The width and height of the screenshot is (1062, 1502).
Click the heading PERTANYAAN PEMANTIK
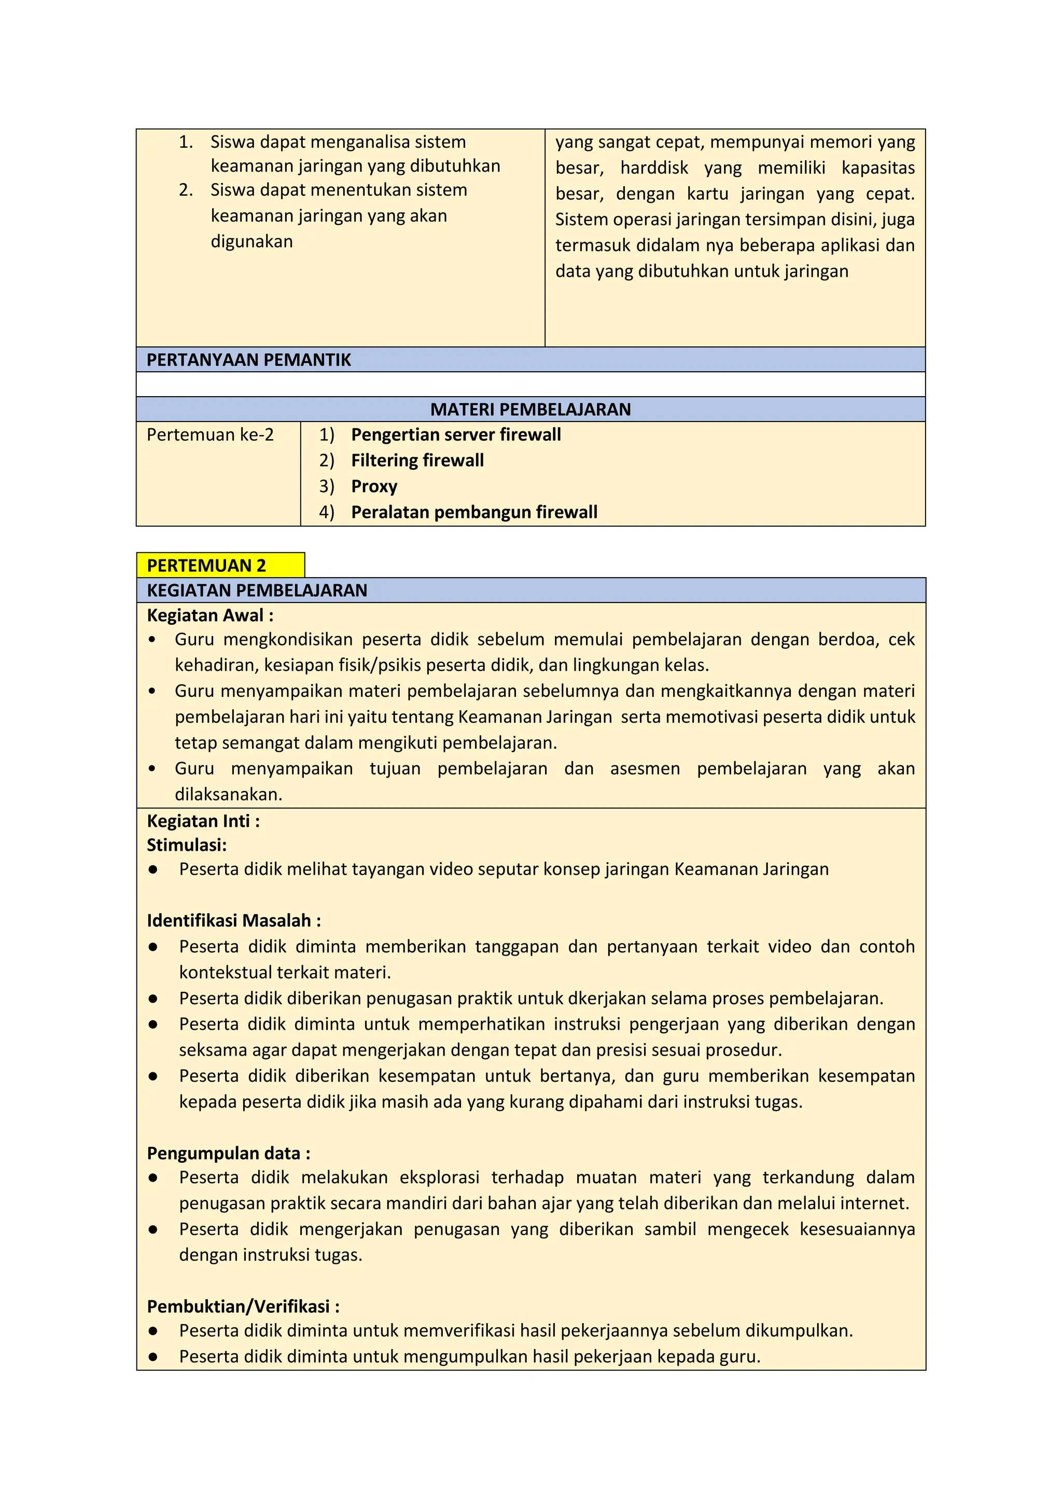249,360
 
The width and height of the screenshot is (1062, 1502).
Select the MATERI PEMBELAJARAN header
530,410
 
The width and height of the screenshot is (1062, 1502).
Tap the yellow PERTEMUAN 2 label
207,565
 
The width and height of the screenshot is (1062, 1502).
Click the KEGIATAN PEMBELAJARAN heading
257,590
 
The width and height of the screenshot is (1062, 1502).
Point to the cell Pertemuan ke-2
210,434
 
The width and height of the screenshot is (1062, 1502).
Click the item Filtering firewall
417,460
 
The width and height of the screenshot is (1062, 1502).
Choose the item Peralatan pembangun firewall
474,512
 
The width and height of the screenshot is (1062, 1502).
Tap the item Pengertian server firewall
455,434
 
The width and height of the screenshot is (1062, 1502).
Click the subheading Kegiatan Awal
210,615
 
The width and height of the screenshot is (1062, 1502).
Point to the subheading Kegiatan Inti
203,821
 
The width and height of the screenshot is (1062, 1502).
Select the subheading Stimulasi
187,845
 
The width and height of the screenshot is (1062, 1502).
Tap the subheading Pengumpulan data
228,1153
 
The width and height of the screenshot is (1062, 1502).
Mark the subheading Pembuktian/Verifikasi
243,1307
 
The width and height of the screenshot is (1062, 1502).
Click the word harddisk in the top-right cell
654,168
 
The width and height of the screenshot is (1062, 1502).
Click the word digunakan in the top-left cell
251,242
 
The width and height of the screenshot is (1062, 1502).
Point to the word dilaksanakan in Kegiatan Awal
228,794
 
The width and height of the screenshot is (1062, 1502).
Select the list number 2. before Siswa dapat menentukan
186,190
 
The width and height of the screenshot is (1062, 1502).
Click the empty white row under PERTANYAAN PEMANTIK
530,384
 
